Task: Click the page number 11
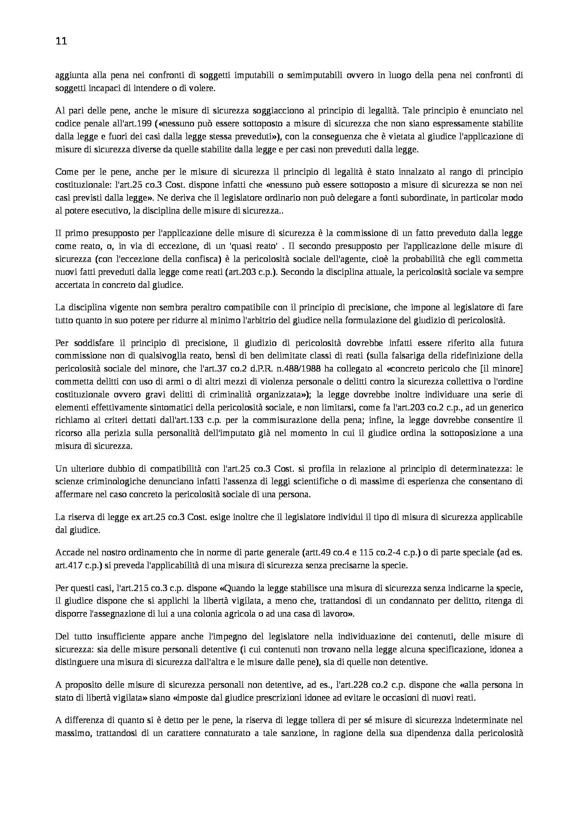tap(61, 41)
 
